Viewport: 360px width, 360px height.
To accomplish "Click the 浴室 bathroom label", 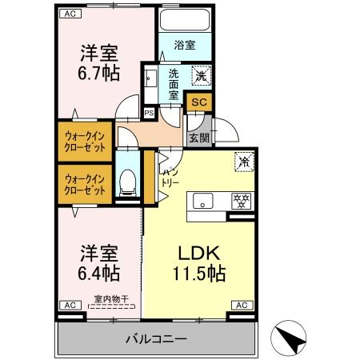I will tap(185, 45).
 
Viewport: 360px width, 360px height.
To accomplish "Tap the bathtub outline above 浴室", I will tap(185, 21).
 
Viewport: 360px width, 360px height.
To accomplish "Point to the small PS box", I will tap(148, 112).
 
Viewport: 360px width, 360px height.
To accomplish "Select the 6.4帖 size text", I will tap(99, 274).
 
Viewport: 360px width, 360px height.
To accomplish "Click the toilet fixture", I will tap(126, 182).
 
